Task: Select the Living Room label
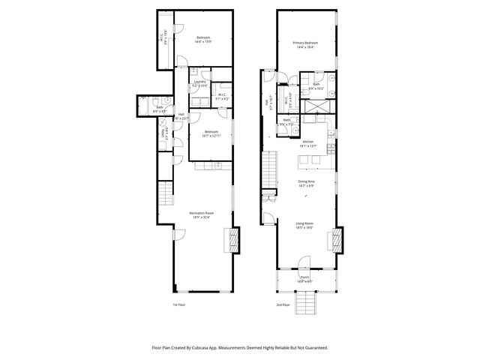(x=305, y=223)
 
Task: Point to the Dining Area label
(x=306, y=182)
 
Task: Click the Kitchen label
(x=307, y=142)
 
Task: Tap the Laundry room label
(x=199, y=81)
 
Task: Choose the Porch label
(x=305, y=277)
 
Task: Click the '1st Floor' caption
(x=178, y=305)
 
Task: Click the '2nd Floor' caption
(x=282, y=305)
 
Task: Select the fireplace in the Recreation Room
(x=232, y=241)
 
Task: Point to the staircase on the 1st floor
(x=164, y=196)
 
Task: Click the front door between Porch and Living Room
(x=304, y=262)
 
